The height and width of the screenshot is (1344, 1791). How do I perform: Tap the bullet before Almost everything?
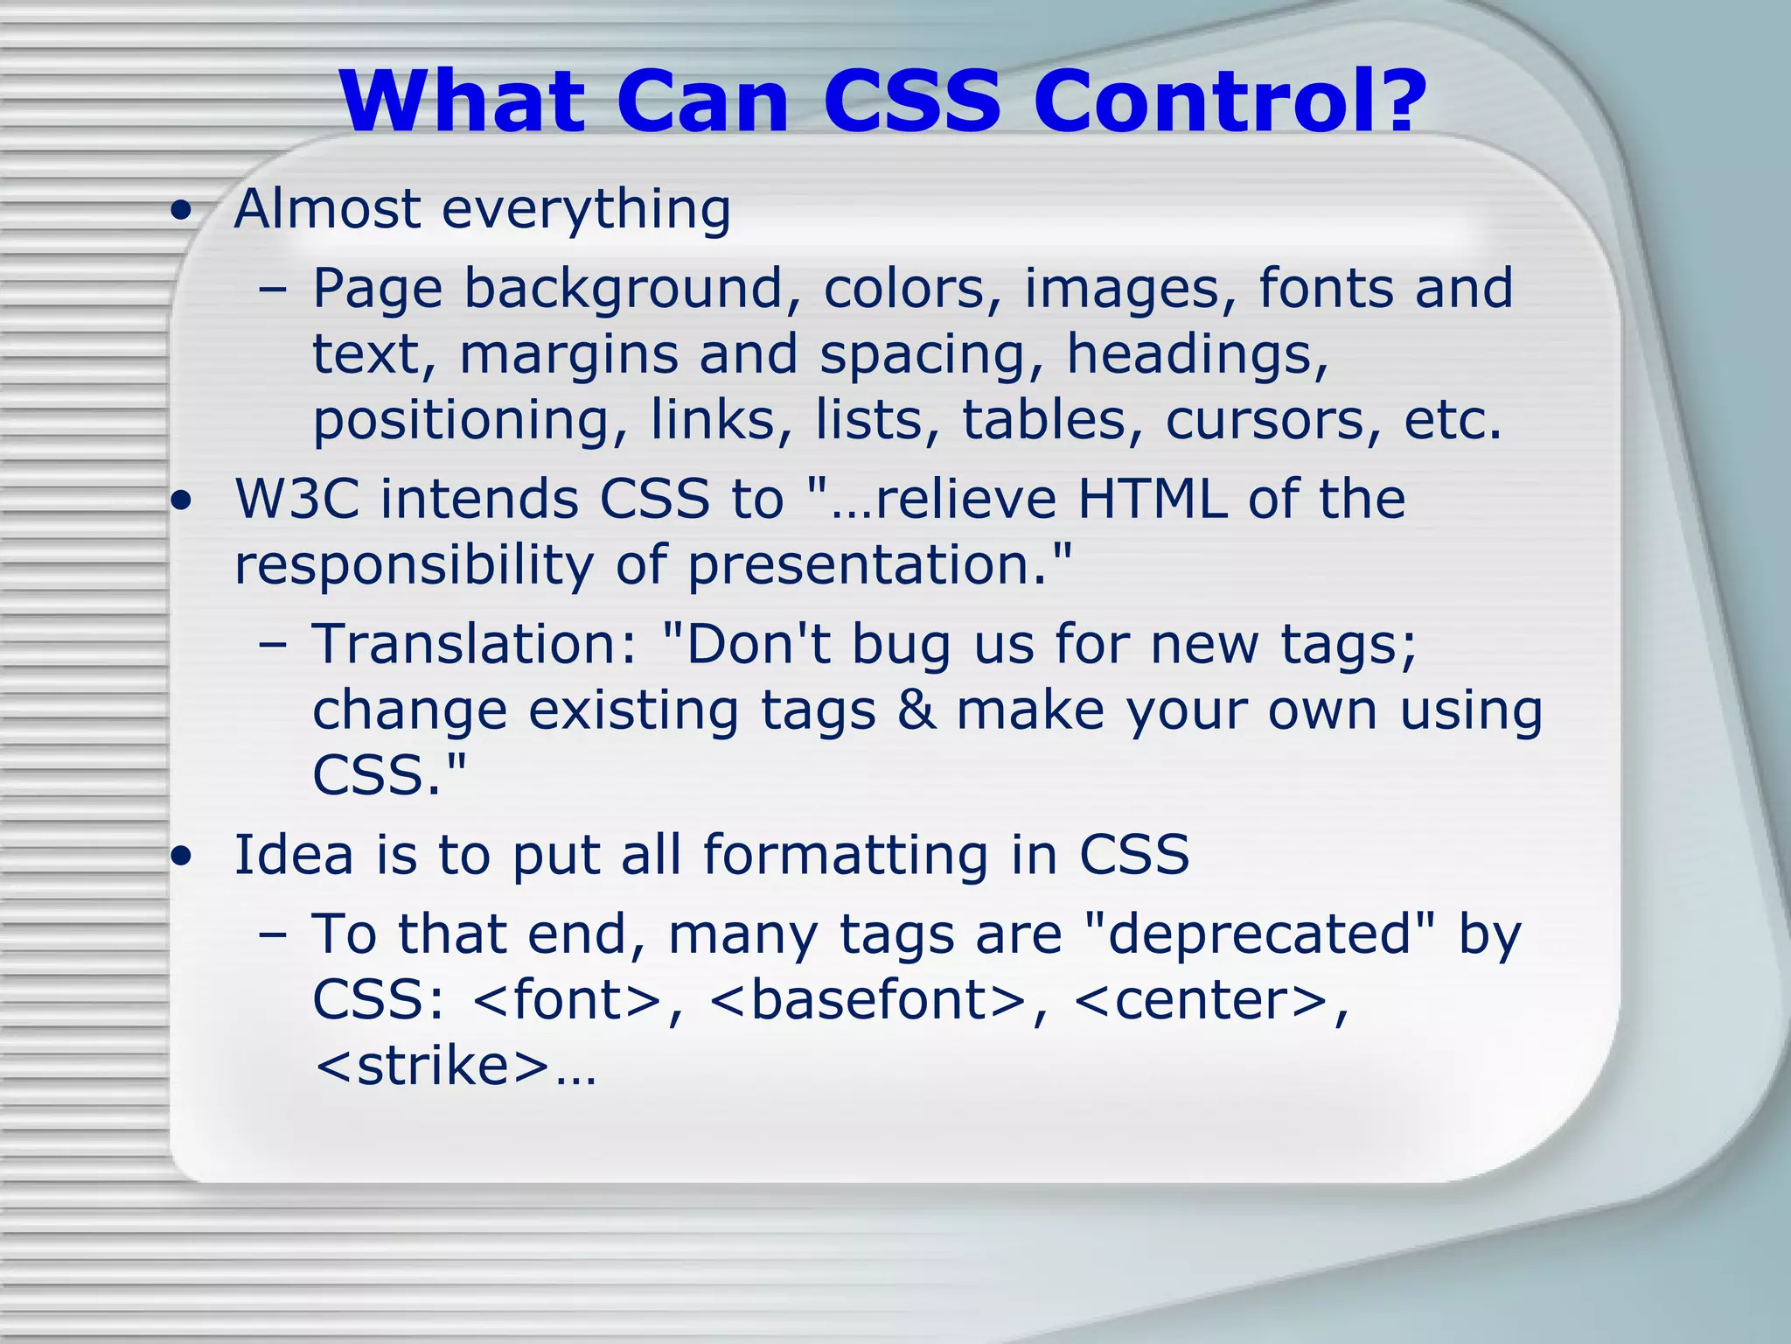pos(181,212)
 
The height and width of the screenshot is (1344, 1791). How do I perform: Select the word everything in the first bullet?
pos(586,210)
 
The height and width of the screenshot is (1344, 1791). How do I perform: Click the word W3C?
pos(297,500)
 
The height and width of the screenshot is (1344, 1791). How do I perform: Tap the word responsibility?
pos(415,566)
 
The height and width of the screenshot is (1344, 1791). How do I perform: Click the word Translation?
pos(475,645)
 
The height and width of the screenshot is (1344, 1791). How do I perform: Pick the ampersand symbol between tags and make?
pos(916,710)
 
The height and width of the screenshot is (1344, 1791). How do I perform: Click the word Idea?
pos(294,855)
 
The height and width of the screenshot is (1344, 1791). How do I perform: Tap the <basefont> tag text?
pos(868,1000)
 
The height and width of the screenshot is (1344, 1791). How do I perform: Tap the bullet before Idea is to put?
pos(181,857)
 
